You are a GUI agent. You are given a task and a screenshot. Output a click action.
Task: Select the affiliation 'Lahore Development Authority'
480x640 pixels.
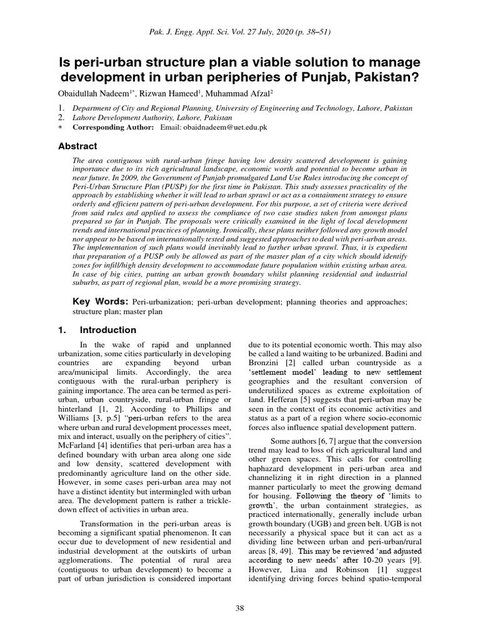coord(120,117)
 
